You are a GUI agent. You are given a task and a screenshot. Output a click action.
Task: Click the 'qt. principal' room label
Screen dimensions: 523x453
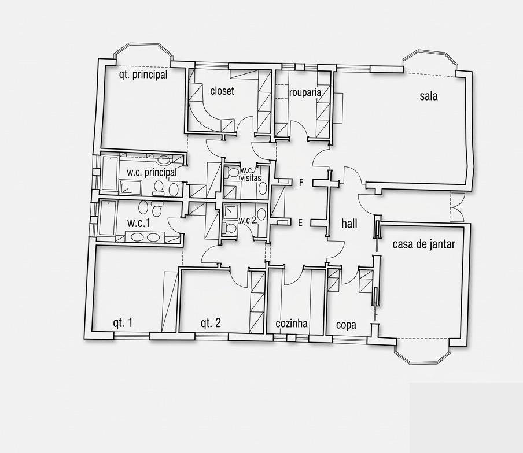[143, 75]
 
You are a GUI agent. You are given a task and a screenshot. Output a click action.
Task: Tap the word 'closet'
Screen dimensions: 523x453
[222, 91]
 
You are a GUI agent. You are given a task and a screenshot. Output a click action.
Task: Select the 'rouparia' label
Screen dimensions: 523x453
[305, 92]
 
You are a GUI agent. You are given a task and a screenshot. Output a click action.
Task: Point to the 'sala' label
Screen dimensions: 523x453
[429, 96]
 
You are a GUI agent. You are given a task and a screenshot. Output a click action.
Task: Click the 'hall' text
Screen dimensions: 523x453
[349, 224]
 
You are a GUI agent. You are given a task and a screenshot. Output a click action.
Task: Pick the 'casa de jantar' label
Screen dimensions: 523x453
[423, 244]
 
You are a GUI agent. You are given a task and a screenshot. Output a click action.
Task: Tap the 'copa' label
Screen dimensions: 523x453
[346, 325]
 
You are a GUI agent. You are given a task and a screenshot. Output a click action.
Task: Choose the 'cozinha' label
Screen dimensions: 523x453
[292, 323]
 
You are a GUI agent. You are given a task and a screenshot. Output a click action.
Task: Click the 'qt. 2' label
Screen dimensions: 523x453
[211, 323]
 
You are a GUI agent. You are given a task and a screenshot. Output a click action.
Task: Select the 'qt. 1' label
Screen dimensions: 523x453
[123, 322]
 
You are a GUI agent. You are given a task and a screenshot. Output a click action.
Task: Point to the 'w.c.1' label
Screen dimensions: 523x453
[139, 223]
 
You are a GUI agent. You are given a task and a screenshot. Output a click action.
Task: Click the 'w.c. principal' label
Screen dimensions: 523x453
[152, 173]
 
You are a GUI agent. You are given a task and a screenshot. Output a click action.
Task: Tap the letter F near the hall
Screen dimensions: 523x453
[301, 183]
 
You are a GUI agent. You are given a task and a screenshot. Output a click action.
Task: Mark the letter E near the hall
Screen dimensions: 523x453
[300, 223]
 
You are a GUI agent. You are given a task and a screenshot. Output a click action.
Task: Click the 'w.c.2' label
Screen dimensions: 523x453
[247, 220]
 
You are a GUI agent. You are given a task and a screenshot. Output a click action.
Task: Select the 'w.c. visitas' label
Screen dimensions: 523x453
[250, 174]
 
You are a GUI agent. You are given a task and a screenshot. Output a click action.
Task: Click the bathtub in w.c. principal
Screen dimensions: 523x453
[109, 173]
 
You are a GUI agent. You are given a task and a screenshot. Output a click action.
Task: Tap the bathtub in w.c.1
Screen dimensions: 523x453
[108, 218]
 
